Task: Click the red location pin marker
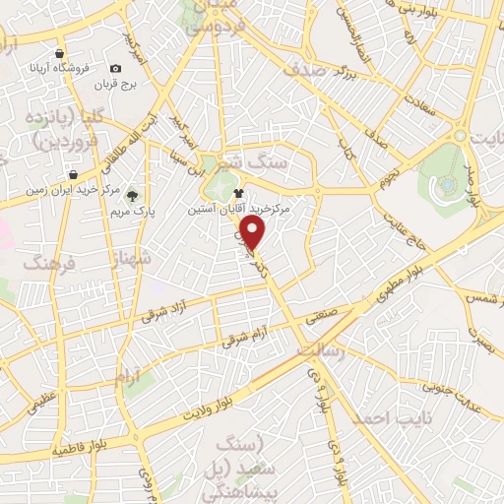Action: [254, 234]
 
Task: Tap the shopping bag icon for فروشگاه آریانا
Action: [61, 54]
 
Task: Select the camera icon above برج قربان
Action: [116, 68]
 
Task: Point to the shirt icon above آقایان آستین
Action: [237, 194]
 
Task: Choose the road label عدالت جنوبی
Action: [453, 378]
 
